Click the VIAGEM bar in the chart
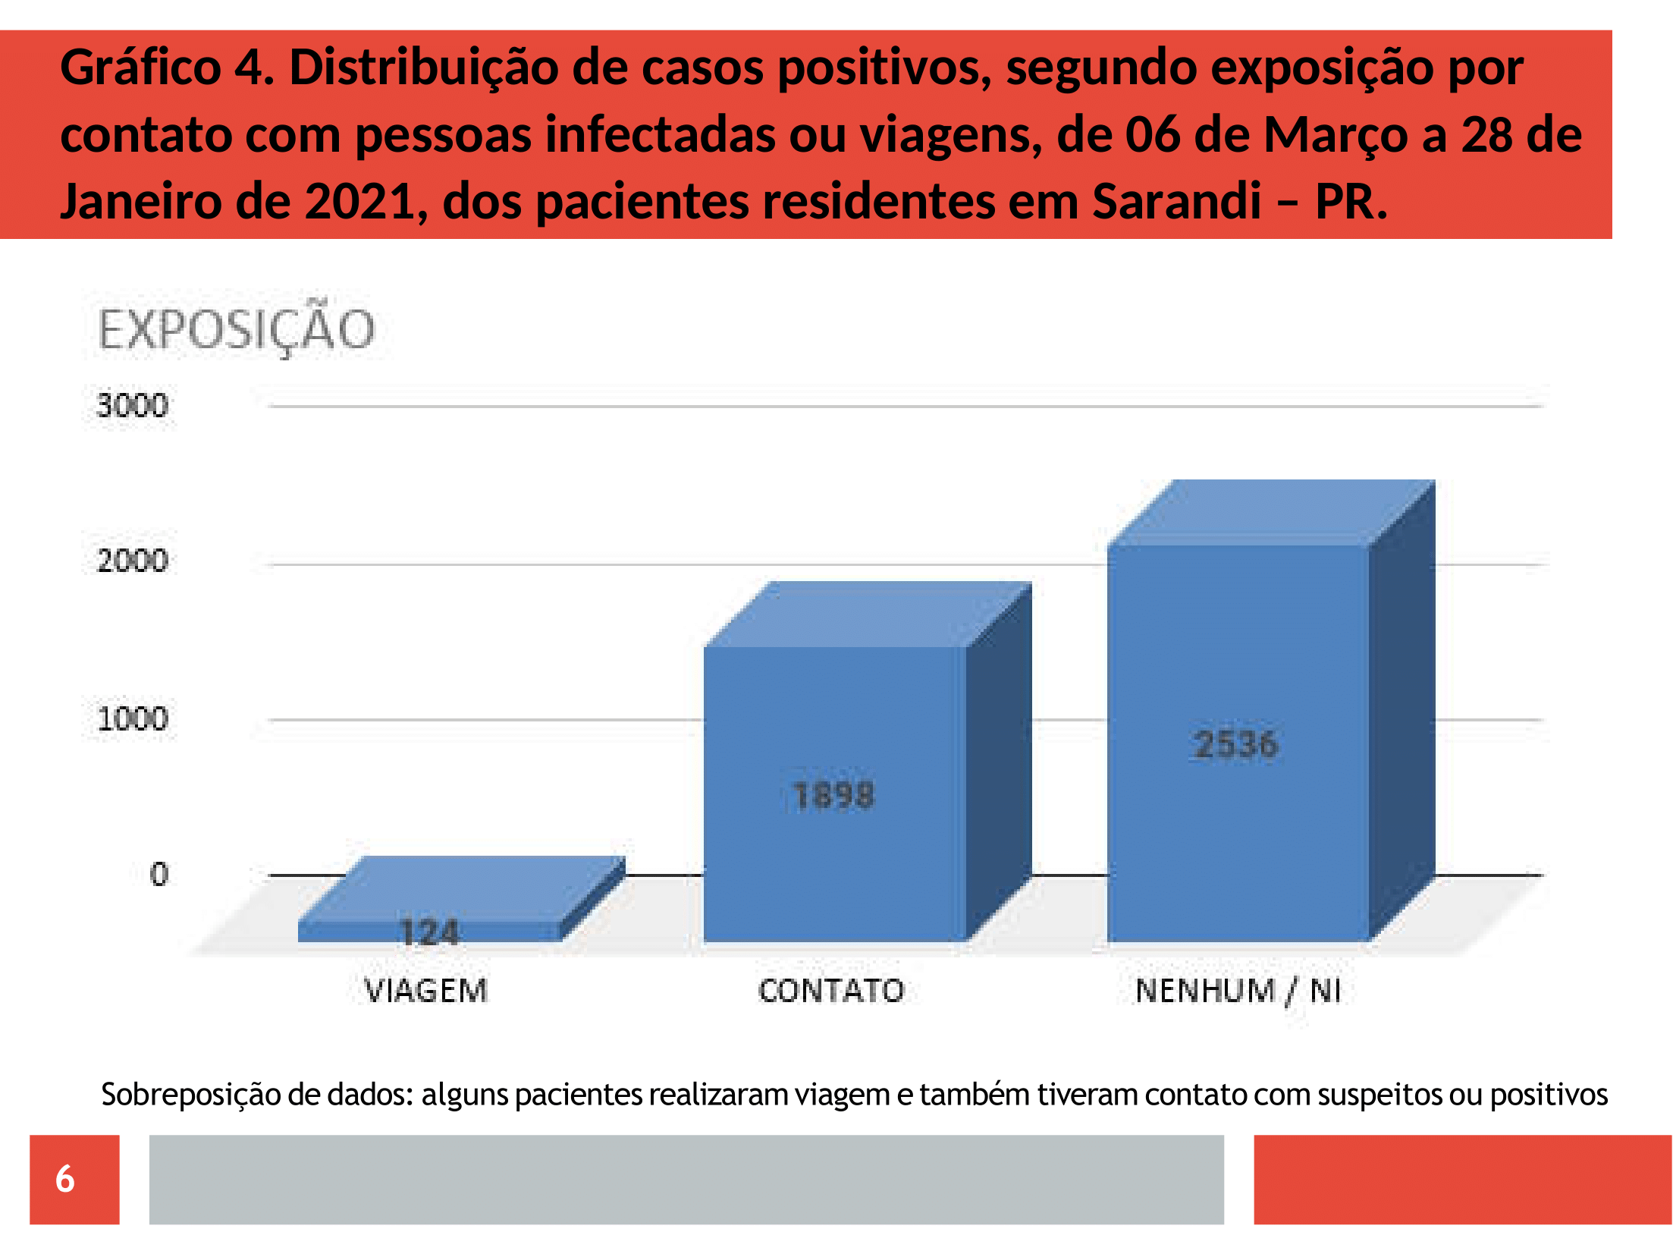pyautogui.click(x=461, y=899)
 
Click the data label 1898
pyautogui.click(x=833, y=796)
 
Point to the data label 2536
pyautogui.click(x=1236, y=744)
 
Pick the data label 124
pyautogui.click(x=429, y=932)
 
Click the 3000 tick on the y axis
pyautogui.click(x=133, y=405)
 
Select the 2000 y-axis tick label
pyautogui.click(x=133, y=561)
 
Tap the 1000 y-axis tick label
pyautogui.click(x=133, y=718)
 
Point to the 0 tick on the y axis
pyautogui.click(x=159, y=874)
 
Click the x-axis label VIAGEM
pyautogui.click(x=425, y=991)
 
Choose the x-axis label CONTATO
pyautogui.click(x=831, y=991)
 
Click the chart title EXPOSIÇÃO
pyautogui.click(x=237, y=328)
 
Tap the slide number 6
pyautogui.click(x=65, y=1179)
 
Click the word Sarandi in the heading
pyautogui.click(x=1177, y=201)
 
